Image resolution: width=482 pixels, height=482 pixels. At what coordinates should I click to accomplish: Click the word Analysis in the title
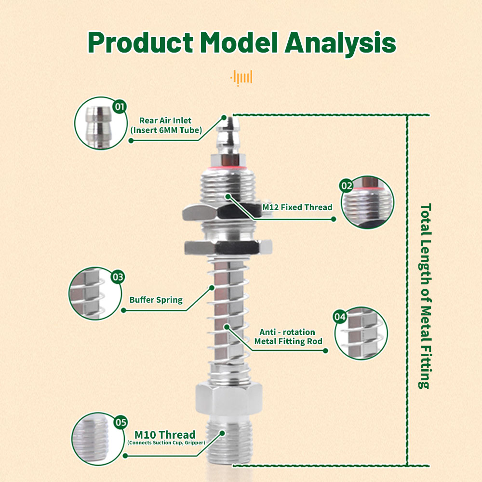(340, 43)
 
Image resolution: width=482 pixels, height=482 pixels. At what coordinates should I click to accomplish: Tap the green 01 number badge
(119, 106)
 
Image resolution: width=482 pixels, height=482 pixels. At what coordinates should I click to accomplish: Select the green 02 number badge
(347, 185)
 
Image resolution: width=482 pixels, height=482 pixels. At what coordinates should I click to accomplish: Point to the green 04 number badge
(340, 317)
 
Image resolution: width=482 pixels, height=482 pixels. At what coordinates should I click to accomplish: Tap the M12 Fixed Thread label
(297, 207)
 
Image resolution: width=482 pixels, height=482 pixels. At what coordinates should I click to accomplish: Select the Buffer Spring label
(156, 300)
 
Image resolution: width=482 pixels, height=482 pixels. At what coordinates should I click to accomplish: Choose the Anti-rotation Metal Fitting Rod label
(287, 337)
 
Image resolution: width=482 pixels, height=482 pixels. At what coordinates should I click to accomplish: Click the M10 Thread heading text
(165, 435)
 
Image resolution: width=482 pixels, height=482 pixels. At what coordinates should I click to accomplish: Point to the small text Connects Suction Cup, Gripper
(166, 443)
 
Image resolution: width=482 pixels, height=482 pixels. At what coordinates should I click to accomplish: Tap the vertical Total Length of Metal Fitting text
(425, 296)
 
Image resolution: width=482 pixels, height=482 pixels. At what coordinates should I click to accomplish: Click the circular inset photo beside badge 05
(94, 436)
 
